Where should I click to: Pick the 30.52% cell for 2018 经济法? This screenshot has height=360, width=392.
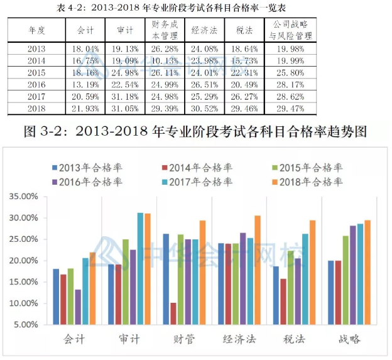202,108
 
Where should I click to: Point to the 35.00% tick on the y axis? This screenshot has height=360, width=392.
24,197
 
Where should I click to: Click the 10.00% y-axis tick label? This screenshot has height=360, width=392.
24,303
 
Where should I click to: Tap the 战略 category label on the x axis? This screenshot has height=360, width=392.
345,339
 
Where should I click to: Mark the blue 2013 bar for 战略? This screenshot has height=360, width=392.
330,292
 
